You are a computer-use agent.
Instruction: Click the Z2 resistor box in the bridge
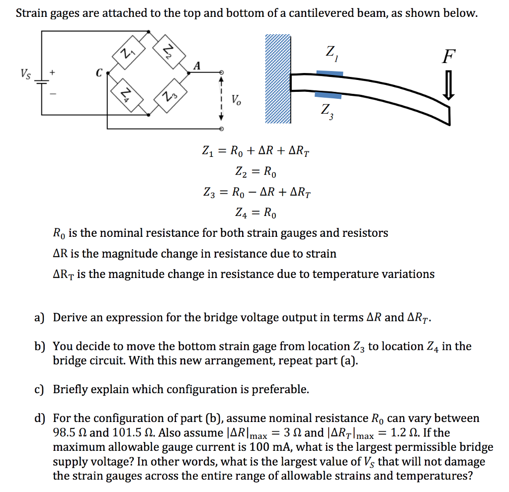pyautogui.click(x=169, y=51)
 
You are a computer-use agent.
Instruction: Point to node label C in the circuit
pyautogui.click(x=98, y=73)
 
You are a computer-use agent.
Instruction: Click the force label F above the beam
pyautogui.click(x=448, y=57)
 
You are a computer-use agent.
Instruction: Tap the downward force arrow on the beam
pyautogui.click(x=448, y=85)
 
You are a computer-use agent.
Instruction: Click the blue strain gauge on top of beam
pyautogui.click(x=330, y=73)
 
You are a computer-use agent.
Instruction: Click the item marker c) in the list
pyautogui.click(x=39, y=389)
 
